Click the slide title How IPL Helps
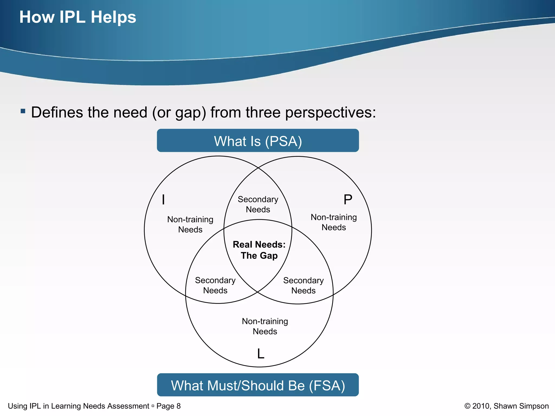pos(78,17)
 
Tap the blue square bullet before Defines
pos(23,111)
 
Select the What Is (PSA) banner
pos(258,141)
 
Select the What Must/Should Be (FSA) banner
pos(258,385)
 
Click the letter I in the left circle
pos(163,200)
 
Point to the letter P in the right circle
pos(348,200)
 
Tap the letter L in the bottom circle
pos(260,354)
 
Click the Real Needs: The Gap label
pos(259,250)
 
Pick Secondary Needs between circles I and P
pos(258,204)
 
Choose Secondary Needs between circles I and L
pos(215,285)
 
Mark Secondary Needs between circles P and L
pos(303,285)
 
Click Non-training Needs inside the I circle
pos(190,224)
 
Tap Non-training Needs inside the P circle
pos(334,222)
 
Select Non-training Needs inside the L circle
pos(265,326)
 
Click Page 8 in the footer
pos(168,406)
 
